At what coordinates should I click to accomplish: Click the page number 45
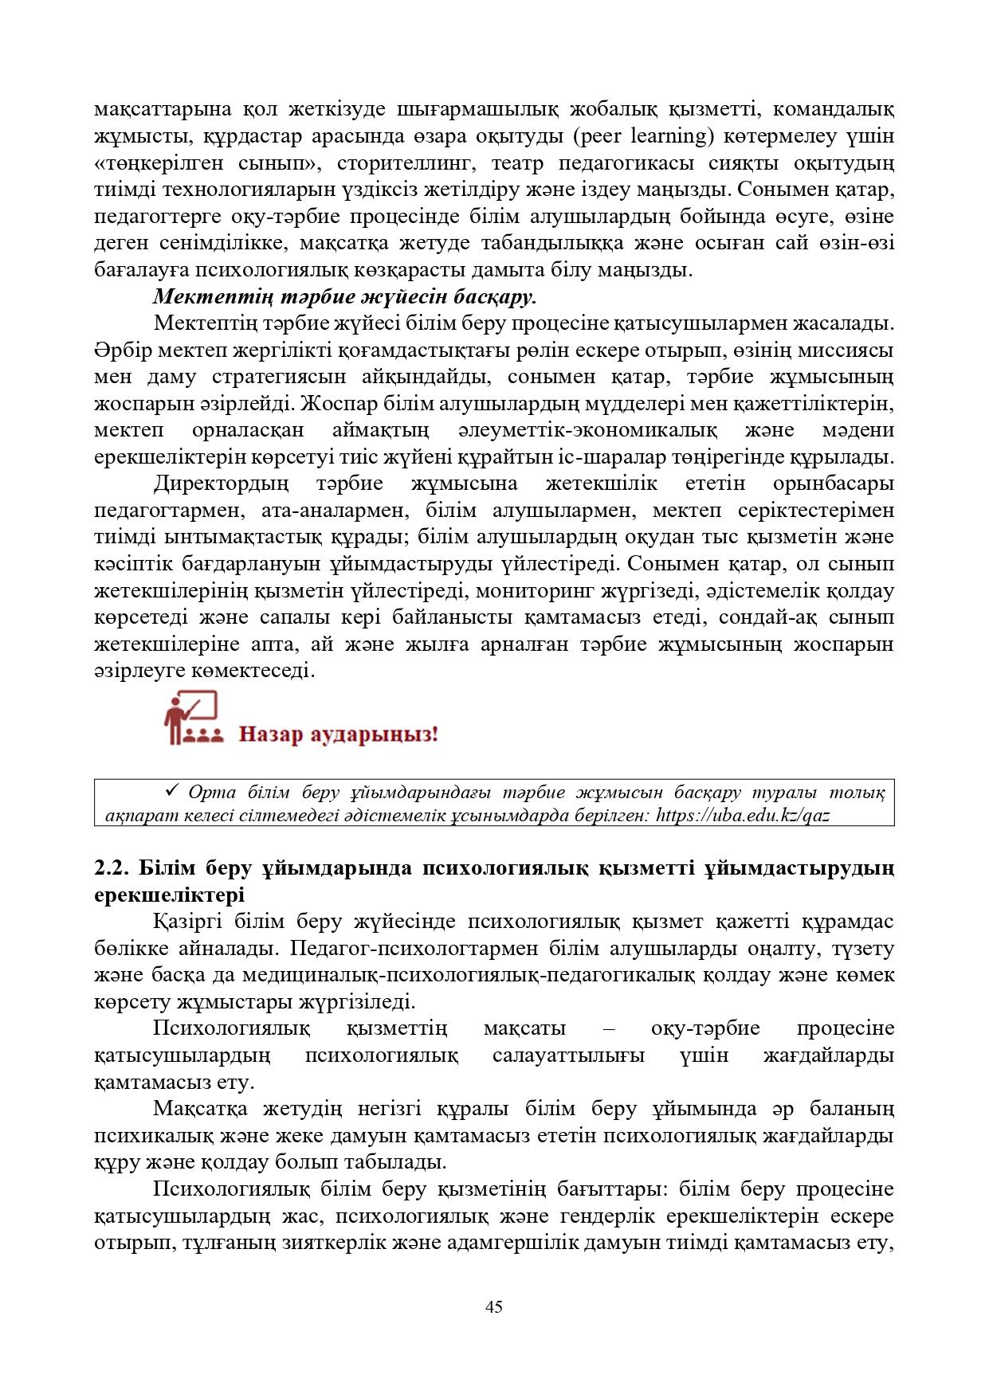[493, 1307]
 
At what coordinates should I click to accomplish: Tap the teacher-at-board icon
[190, 719]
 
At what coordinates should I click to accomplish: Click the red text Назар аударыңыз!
[339, 733]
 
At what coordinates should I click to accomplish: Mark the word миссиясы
[848, 350]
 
